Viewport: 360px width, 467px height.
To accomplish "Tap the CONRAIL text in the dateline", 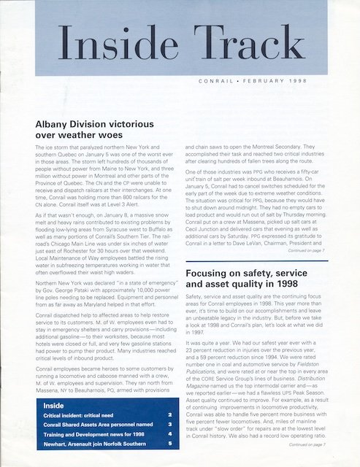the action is [x=217, y=81].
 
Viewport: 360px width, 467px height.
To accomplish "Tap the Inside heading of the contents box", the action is [x=54, y=405].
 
